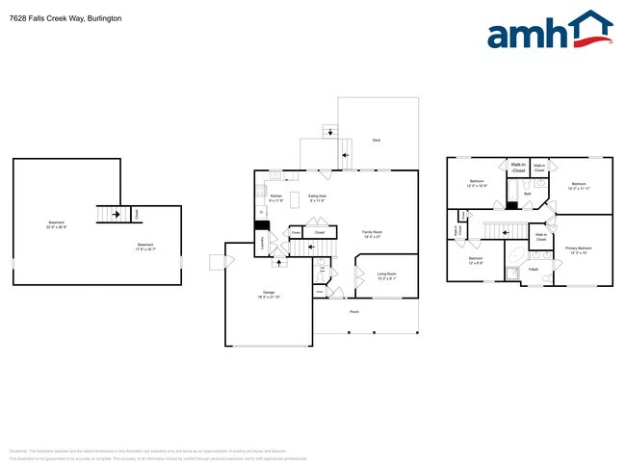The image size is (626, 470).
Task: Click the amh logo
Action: (549, 31)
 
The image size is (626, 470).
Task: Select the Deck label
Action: (376, 141)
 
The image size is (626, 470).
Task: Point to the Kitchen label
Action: (274, 198)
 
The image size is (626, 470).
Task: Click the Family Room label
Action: (371, 233)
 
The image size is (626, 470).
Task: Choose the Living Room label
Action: (385, 274)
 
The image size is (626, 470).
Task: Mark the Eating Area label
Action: (316, 198)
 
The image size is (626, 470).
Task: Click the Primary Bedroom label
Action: (578, 250)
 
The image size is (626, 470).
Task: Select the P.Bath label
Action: (533, 270)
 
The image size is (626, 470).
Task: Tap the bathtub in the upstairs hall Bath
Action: (513, 204)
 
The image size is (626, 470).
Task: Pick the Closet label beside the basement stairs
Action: (136, 214)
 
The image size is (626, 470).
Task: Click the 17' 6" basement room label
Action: (145, 247)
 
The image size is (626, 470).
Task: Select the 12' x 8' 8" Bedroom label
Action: (476, 260)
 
